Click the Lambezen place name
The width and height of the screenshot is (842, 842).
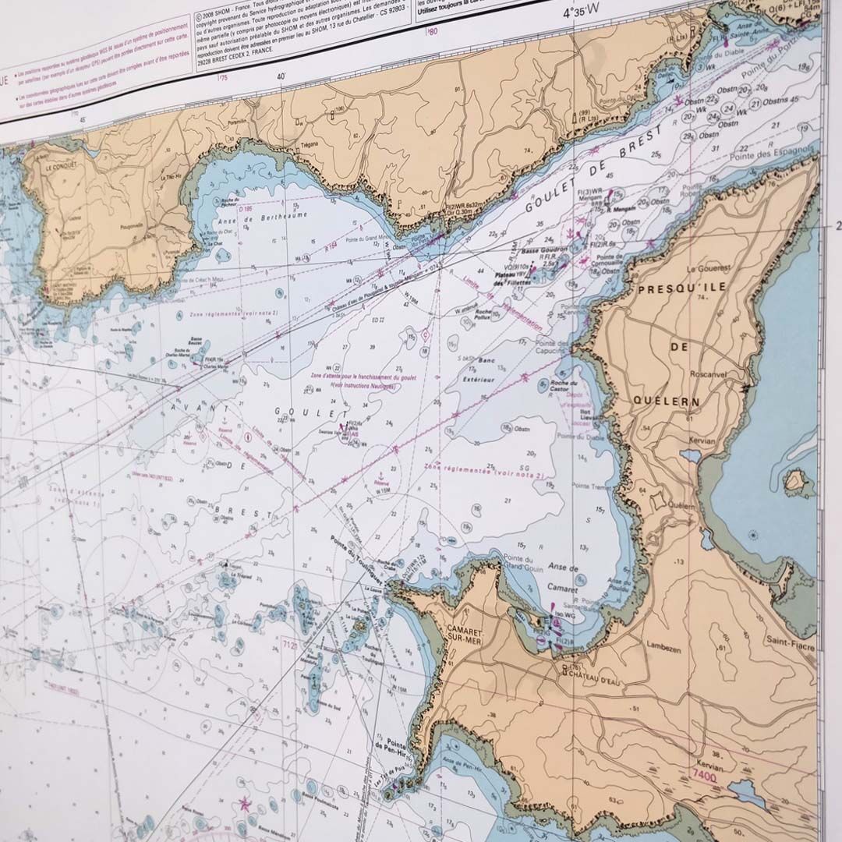tap(663, 644)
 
